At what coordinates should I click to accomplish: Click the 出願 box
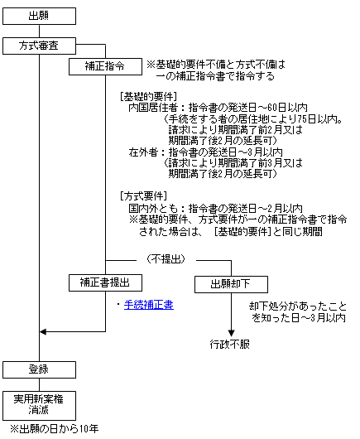pos(39,16)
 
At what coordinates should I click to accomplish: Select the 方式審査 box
pos(39,46)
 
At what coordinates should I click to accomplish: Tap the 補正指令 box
pos(105,66)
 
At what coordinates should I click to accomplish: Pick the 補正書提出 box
pos(105,282)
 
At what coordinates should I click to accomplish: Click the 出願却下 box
pos(231,284)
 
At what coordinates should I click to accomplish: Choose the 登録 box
pos(39,370)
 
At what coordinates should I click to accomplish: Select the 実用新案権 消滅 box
pos(39,406)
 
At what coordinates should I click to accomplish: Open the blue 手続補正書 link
pos(149,305)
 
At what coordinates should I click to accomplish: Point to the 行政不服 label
pos(229,344)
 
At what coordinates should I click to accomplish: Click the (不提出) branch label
pos(166,259)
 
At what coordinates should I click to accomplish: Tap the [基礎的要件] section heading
pos(148,97)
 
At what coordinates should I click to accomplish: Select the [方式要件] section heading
pos(143,196)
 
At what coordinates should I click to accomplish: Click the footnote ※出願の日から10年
pos(55,429)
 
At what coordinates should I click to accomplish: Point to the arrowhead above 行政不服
pos(231,333)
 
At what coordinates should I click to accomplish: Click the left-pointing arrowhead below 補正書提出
pos(43,332)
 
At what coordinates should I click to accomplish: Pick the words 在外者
pos(143,152)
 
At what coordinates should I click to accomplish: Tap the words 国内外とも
pos(153,208)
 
